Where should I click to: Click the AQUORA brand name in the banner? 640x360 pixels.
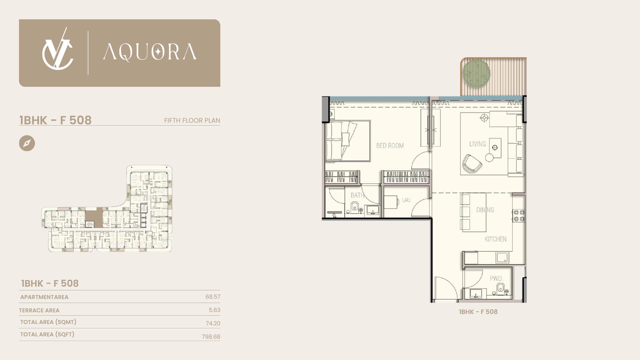point(150,52)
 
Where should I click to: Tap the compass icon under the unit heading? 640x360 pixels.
point(27,143)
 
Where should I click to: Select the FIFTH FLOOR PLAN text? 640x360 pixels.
point(192,120)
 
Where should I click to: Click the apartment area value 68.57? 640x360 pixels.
point(213,297)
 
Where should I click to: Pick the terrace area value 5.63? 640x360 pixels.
point(214,310)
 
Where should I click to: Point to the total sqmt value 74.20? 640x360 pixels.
point(213,323)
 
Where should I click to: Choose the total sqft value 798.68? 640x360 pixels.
point(211,337)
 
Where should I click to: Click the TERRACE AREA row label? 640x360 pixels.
point(39,310)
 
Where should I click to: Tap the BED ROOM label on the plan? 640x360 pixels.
point(390,146)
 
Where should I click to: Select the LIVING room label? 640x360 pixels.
point(477,144)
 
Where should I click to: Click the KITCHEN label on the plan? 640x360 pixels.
point(496,239)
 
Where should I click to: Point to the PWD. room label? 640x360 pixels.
point(496,278)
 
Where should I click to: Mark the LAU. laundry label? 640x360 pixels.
point(406,200)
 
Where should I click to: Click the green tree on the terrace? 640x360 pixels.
point(476,73)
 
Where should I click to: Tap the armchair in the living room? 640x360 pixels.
point(472,163)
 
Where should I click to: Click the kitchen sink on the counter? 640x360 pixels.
point(502,258)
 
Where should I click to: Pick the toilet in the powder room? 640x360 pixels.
point(500,289)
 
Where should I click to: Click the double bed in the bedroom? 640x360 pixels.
point(348,141)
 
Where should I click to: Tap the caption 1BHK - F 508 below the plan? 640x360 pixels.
point(478,312)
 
